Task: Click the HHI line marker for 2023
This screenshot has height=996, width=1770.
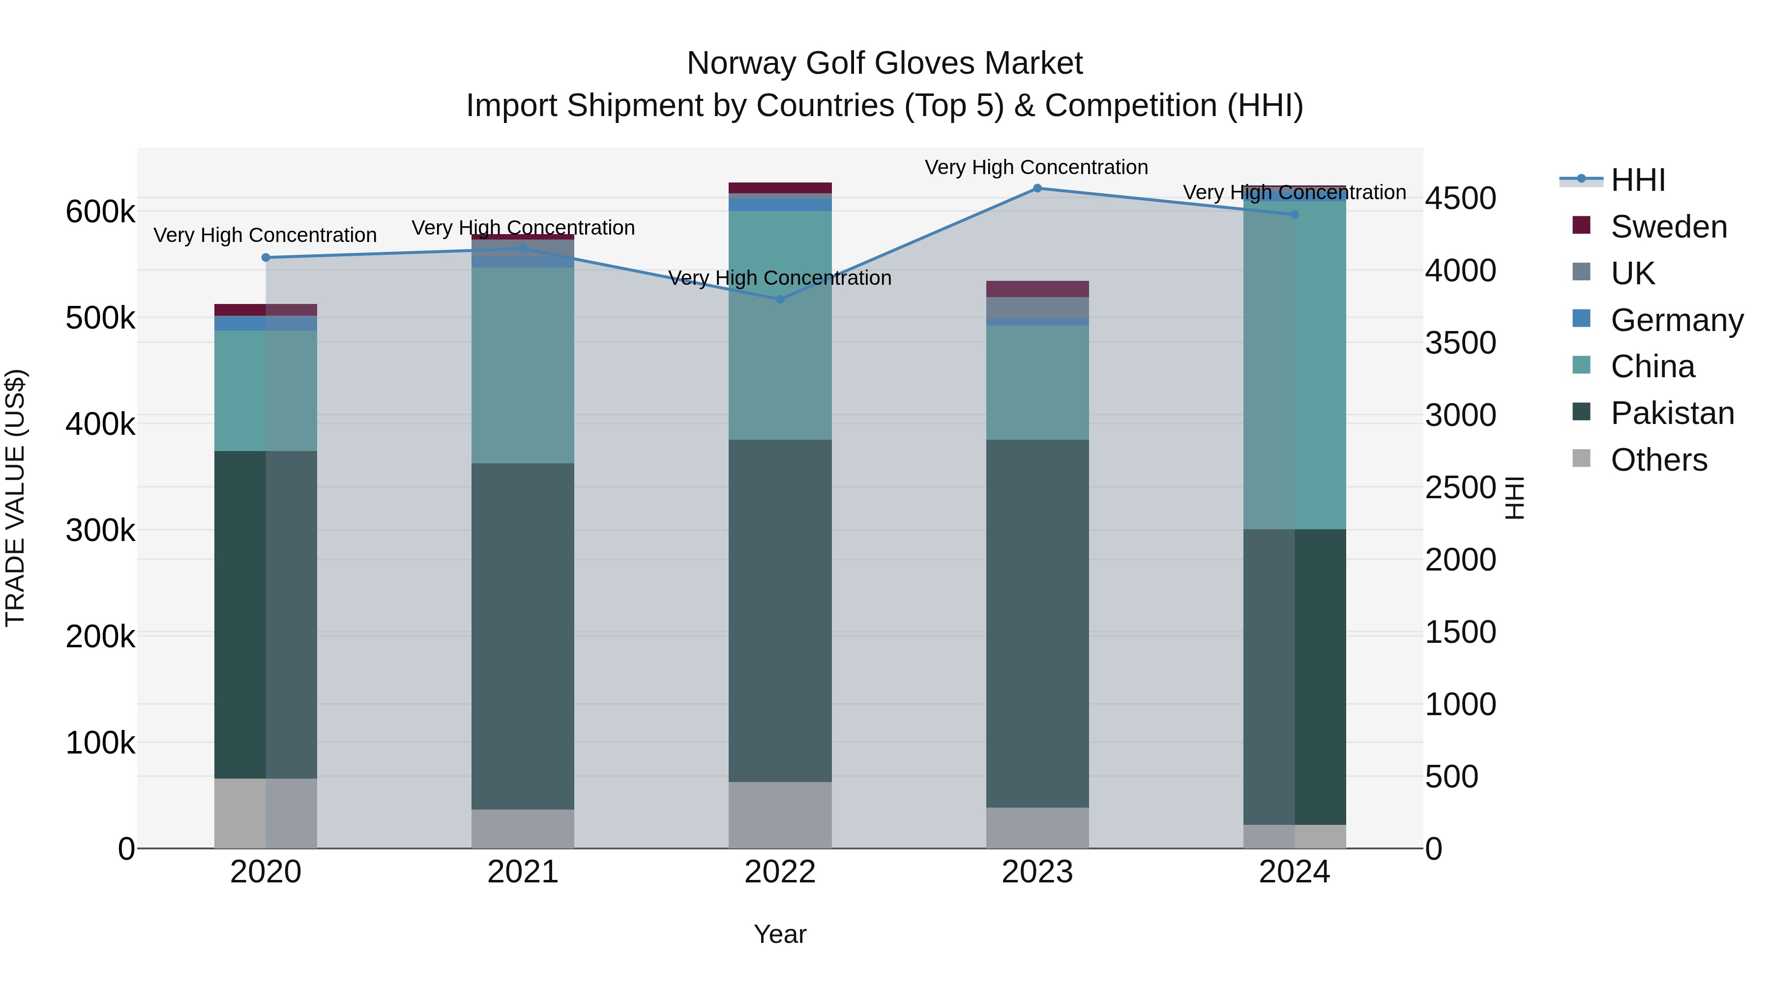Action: pos(1037,188)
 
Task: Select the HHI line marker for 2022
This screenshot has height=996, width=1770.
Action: pos(780,300)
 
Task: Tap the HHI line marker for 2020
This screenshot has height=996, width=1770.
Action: pos(266,258)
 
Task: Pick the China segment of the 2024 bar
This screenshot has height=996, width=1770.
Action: pos(1295,364)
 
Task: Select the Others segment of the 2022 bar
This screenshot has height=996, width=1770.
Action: pos(780,815)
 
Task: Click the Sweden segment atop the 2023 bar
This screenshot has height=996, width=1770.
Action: pos(1037,289)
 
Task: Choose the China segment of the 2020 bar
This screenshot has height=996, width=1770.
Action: pos(266,391)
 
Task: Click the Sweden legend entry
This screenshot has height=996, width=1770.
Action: pos(1668,227)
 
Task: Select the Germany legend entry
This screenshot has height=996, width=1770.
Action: pos(1677,320)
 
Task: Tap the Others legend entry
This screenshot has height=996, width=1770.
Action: pos(1659,460)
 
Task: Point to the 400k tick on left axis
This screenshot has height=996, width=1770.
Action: pos(100,424)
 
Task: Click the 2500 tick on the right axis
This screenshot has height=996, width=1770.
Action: pos(1460,487)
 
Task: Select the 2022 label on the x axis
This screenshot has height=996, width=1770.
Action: pos(780,872)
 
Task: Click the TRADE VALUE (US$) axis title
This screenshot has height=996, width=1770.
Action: pos(16,498)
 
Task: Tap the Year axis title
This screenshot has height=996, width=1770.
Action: pos(780,934)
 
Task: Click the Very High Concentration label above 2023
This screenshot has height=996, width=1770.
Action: pos(1036,167)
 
